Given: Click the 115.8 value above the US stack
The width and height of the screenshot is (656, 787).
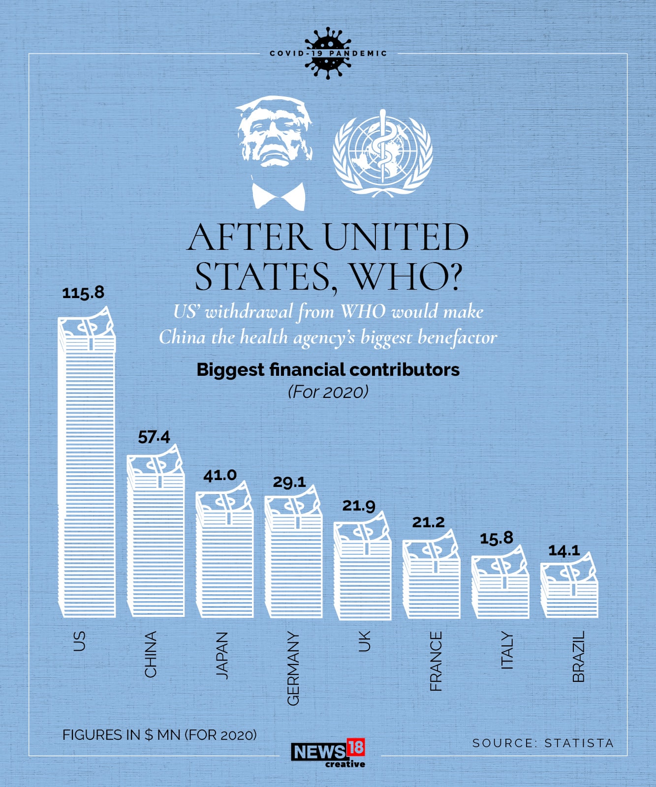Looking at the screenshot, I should (x=83, y=293).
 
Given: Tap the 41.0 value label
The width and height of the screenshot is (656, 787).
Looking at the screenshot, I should (x=220, y=475).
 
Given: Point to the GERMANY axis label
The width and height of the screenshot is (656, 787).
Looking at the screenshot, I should (x=293, y=668).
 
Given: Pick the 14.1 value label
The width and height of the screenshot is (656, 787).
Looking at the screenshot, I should (x=564, y=550).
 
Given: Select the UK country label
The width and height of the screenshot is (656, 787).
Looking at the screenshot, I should (x=364, y=642).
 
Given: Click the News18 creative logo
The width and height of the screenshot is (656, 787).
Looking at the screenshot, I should (x=328, y=753).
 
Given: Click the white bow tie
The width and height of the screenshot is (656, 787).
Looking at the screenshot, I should (x=279, y=195).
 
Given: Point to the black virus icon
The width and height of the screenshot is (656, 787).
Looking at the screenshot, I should (x=328, y=53).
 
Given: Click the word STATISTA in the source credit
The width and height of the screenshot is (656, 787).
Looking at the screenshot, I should (x=579, y=743).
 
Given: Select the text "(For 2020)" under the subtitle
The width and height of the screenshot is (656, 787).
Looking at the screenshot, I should (x=328, y=392).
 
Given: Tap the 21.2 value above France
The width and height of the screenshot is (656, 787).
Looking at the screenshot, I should (x=428, y=522).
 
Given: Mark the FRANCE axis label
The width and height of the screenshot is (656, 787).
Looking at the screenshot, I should (x=436, y=661).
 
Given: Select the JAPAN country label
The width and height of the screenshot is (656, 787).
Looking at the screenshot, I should (x=222, y=656).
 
